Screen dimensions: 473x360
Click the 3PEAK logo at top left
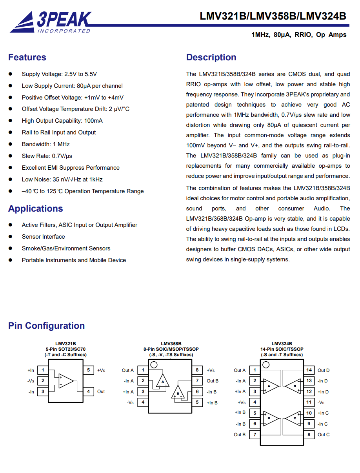pyautogui.click(x=51, y=22)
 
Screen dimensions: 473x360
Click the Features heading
pyautogui.click(x=27, y=57)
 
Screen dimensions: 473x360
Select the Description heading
pyautogui.click(x=211, y=57)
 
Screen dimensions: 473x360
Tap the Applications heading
pyautogui.click(x=35, y=208)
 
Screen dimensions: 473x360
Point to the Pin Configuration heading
pyautogui.click(x=46, y=326)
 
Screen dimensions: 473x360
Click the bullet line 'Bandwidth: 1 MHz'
pyautogui.click(x=45, y=144)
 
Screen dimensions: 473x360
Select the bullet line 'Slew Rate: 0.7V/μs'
pyautogui.click(x=47, y=156)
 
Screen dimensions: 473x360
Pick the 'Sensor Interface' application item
pyautogui.click(x=43, y=237)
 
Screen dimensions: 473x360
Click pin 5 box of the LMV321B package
pyautogui.click(x=88, y=370)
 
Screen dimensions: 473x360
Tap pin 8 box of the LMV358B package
pyautogui.click(x=197, y=370)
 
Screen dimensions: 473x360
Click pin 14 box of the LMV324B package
pyautogui.click(x=309, y=370)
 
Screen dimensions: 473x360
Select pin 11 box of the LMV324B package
pyautogui.click(x=309, y=402)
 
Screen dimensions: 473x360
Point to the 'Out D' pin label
pyautogui.click(x=324, y=370)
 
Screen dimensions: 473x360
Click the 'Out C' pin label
pyautogui.click(x=324, y=435)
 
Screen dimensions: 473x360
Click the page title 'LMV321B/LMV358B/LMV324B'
pyautogui.click(x=273, y=16)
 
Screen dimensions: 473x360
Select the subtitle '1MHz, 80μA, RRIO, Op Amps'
pyautogui.click(x=299, y=35)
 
